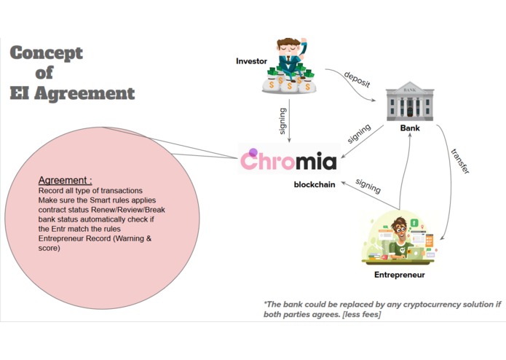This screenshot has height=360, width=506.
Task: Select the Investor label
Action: click(251, 60)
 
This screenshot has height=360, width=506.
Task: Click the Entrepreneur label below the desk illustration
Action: click(399, 275)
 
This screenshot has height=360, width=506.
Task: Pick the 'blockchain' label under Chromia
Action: click(315, 184)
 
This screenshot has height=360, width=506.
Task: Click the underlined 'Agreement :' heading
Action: click(66, 180)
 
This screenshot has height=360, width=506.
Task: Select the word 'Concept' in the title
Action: click(47, 54)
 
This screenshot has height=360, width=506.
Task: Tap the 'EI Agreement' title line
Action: click(73, 93)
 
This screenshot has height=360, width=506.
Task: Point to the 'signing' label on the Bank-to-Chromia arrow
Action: click(360, 133)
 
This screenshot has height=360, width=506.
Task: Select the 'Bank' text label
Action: click(411, 128)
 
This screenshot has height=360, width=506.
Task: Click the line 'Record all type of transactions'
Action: click(90, 191)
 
